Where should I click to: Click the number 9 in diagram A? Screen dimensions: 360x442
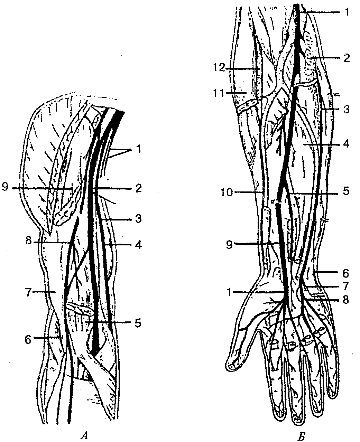[6, 188]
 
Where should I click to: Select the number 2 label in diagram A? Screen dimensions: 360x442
[138, 188]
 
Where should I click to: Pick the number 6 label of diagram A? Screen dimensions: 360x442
[28, 340]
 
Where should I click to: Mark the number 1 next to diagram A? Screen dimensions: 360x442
[138, 149]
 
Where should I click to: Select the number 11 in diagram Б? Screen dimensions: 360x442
[219, 93]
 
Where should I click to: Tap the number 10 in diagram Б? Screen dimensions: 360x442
[227, 192]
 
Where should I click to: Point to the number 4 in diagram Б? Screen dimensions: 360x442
[346, 144]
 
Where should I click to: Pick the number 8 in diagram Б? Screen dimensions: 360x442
[346, 299]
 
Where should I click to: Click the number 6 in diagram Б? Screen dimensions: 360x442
[346, 273]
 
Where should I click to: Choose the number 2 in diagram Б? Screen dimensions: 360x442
[346, 58]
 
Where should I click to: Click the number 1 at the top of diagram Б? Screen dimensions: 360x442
[346, 12]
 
